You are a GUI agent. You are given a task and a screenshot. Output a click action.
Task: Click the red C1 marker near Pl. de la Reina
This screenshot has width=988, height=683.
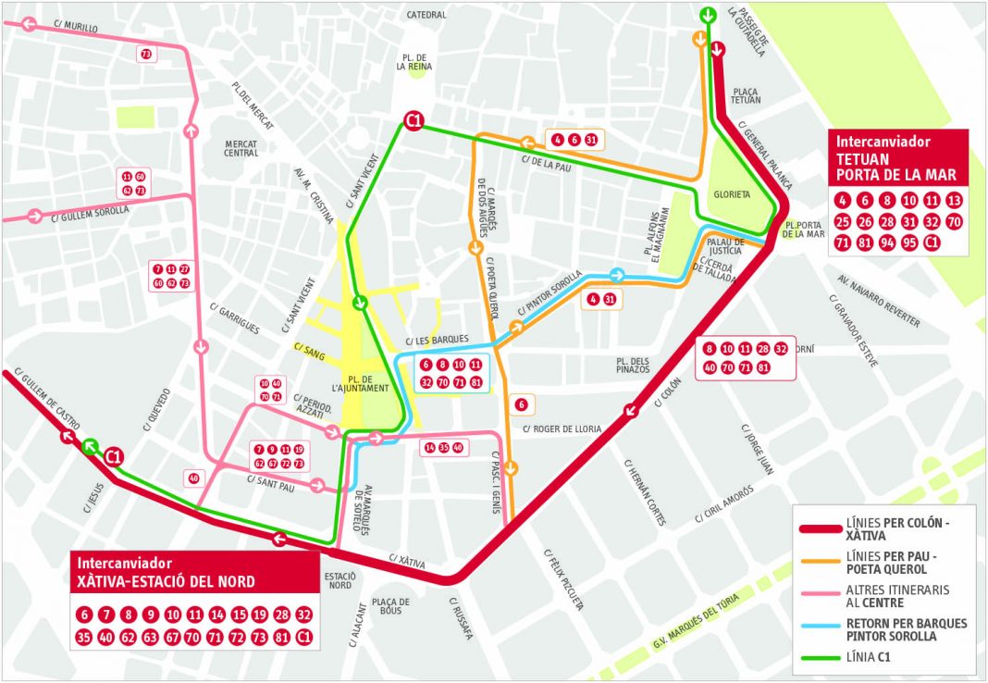pyautogui.click(x=414, y=120)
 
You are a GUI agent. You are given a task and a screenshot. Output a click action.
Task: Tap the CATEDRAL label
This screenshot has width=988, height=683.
pyautogui.click(x=426, y=15)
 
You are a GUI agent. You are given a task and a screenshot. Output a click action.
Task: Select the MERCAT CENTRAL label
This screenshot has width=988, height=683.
pyautogui.click(x=241, y=148)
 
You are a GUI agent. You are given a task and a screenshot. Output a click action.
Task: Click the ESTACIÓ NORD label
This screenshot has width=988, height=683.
pyautogui.click(x=340, y=580)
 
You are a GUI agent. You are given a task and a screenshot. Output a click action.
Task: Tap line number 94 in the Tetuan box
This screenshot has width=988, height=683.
pyautogui.click(x=887, y=243)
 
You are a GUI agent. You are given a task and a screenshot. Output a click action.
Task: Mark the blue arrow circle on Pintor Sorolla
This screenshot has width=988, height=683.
pyautogui.click(x=616, y=275)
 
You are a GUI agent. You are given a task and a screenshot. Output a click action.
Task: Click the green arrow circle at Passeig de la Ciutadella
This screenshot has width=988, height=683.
pyautogui.click(x=708, y=15)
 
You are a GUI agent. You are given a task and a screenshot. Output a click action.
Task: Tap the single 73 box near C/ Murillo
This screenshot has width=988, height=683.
pyautogui.click(x=146, y=55)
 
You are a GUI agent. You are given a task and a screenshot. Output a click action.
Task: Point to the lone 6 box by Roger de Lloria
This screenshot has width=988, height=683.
pyautogui.click(x=521, y=404)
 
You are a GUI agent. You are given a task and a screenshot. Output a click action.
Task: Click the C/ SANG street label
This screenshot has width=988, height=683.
pyautogui.click(x=306, y=348)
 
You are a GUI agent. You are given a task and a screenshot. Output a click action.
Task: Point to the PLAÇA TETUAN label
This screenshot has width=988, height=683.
pyautogui.click(x=745, y=97)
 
